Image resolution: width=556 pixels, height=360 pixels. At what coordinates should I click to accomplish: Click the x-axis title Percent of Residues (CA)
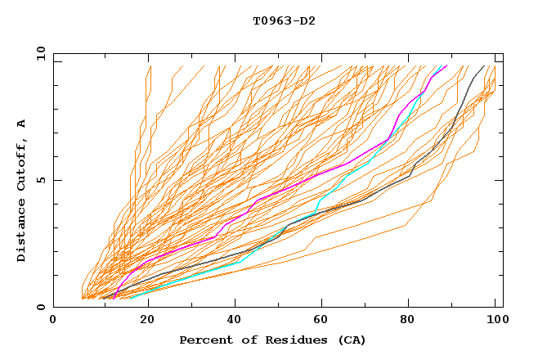(x=273, y=340)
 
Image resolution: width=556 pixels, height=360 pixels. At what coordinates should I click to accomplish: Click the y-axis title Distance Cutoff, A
(x=21, y=190)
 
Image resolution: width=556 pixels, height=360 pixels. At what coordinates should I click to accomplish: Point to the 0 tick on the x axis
(x=54, y=320)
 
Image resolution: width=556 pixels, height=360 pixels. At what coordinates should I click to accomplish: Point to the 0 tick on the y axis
(x=40, y=308)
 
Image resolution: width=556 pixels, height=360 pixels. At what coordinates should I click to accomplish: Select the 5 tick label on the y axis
(x=40, y=180)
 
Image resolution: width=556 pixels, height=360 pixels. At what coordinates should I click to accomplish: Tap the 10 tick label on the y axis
(x=38, y=53)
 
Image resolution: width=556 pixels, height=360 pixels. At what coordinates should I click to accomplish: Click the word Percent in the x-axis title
(x=204, y=340)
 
